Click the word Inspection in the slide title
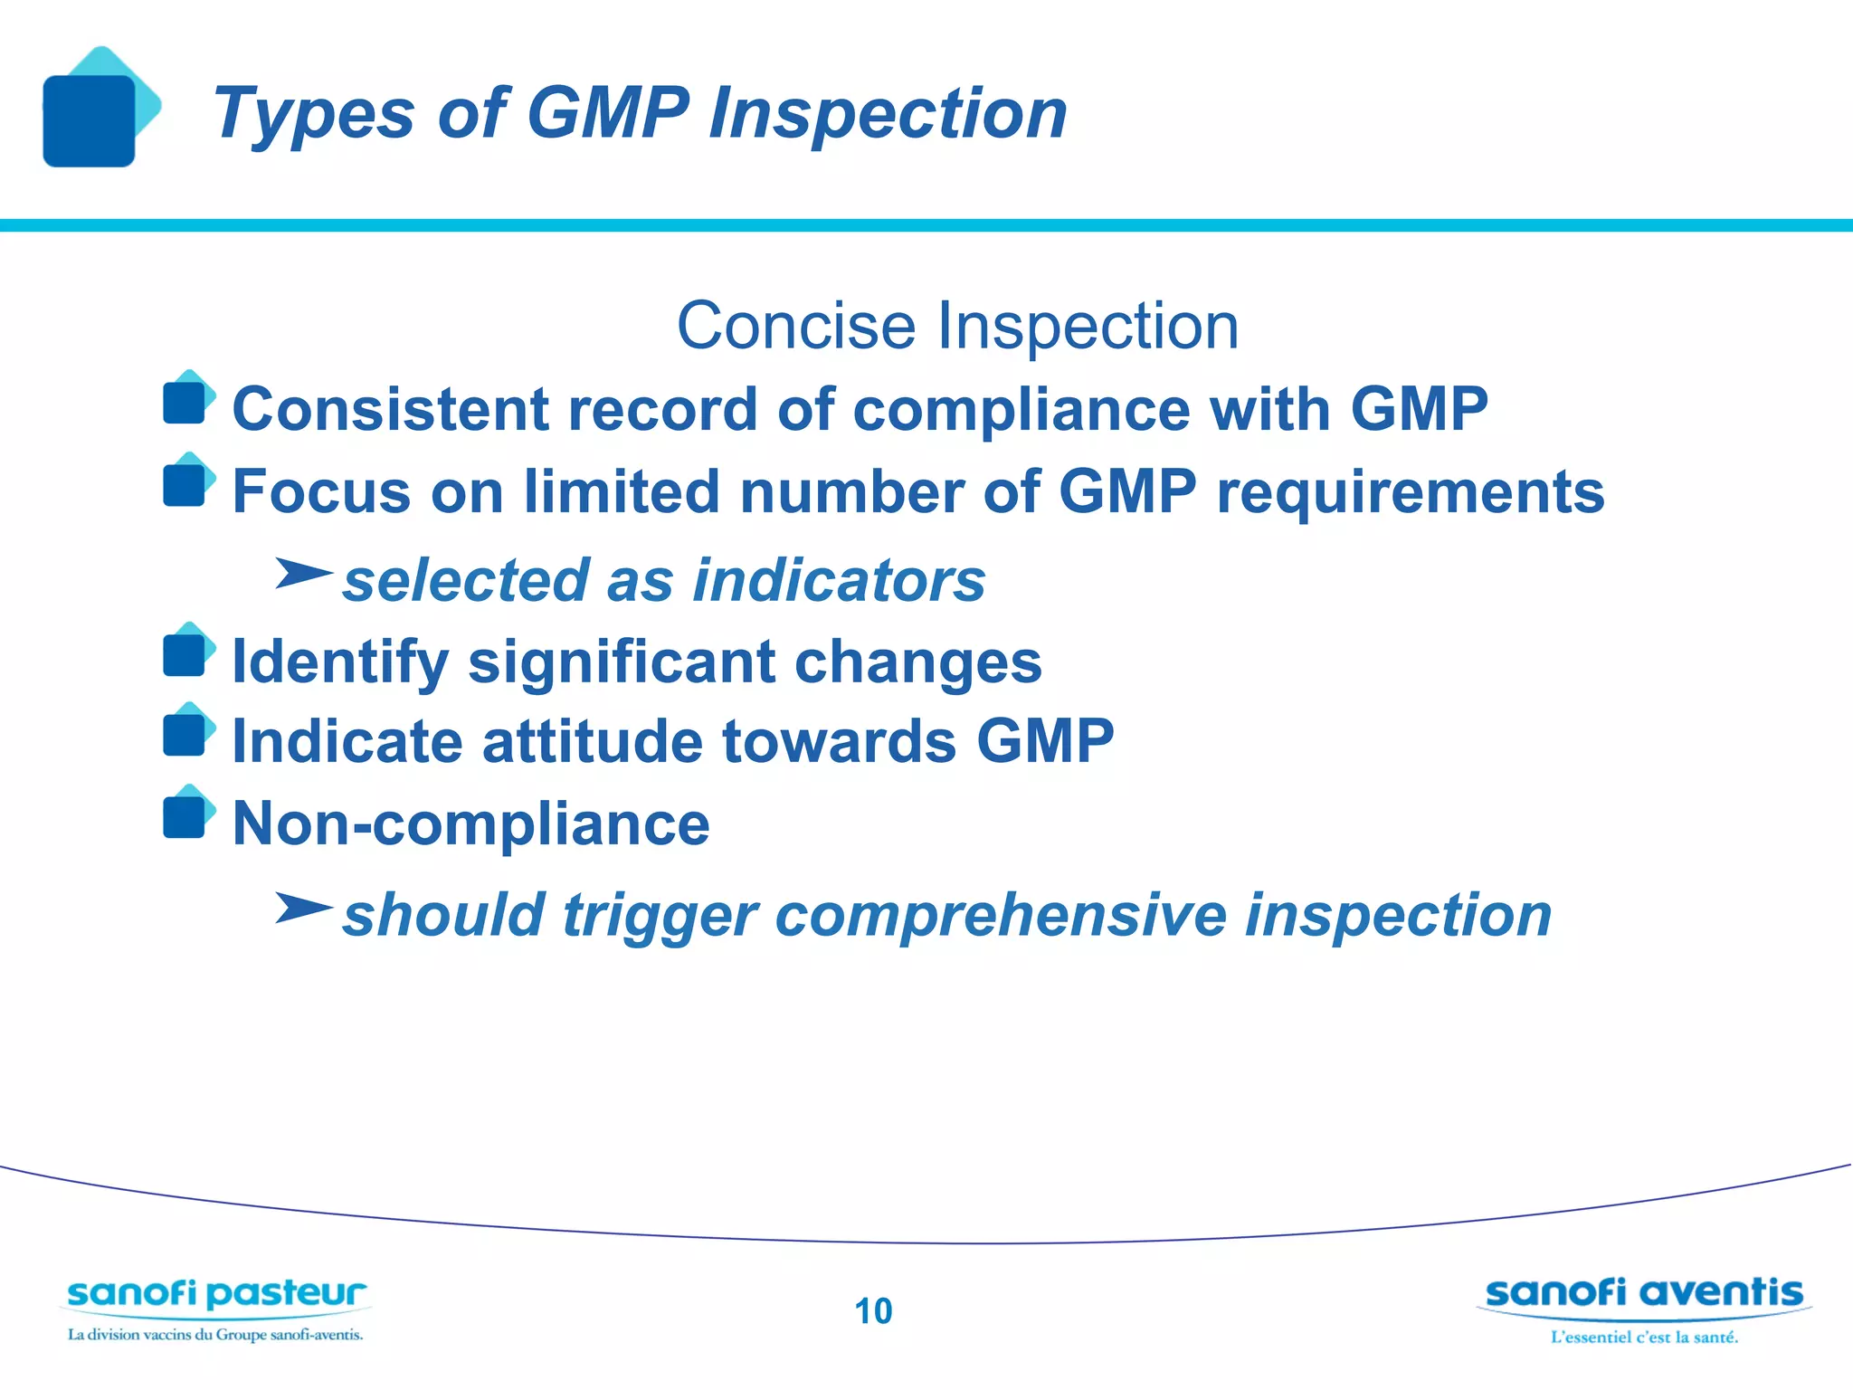pyautogui.click(x=887, y=113)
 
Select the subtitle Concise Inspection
pyautogui.click(x=957, y=326)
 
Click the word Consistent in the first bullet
pyautogui.click(x=390, y=409)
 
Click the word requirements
pyautogui.click(x=1410, y=492)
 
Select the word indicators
pyautogui.click(x=839, y=580)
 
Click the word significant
pyautogui.click(x=621, y=662)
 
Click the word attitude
pyautogui.click(x=592, y=741)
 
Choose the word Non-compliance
pyautogui.click(x=470, y=824)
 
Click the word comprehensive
pyautogui.click(x=1000, y=915)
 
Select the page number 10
pyautogui.click(x=873, y=1311)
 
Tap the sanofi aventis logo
pyautogui.click(x=1644, y=1293)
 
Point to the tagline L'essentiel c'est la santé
pyautogui.click(x=1644, y=1337)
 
